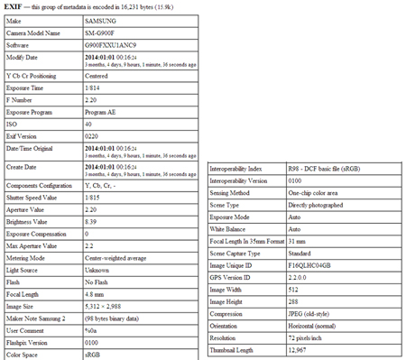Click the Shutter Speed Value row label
coord(32,194)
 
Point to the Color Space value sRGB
coord(93,355)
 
